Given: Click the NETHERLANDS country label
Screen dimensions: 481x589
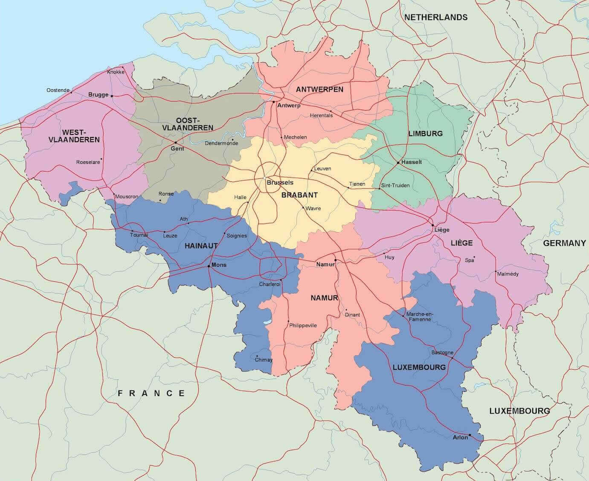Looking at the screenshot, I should coord(435,17).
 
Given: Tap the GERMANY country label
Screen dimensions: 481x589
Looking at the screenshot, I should coord(564,243).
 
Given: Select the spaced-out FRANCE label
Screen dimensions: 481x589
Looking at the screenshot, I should coord(151,393).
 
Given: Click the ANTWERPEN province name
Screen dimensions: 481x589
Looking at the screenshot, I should coord(319,89).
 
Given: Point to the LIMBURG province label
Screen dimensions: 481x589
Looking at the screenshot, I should coord(425,133).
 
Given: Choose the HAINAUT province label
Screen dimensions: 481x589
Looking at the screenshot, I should coord(201,246).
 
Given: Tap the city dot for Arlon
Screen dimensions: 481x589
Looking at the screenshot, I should coord(470,435).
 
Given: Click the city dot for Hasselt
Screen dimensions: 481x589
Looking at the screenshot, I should coord(398,163).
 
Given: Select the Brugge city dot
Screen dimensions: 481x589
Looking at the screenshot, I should coord(112,96).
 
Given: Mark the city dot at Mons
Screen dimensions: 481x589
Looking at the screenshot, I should coord(209,266).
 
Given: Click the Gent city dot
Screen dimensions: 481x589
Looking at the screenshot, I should coord(175,143).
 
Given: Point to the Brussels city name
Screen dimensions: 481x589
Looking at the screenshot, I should coord(280,182).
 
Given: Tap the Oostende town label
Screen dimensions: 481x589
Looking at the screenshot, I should coord(58,90).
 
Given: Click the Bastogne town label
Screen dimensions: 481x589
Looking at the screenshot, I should coord(442,353).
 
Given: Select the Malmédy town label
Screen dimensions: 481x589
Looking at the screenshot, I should coord(508,274).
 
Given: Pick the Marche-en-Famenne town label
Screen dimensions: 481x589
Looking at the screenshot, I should coord(420,316).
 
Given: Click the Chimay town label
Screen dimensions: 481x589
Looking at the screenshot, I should coord(263,359).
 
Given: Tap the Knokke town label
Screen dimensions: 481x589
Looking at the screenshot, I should coord(116,72).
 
